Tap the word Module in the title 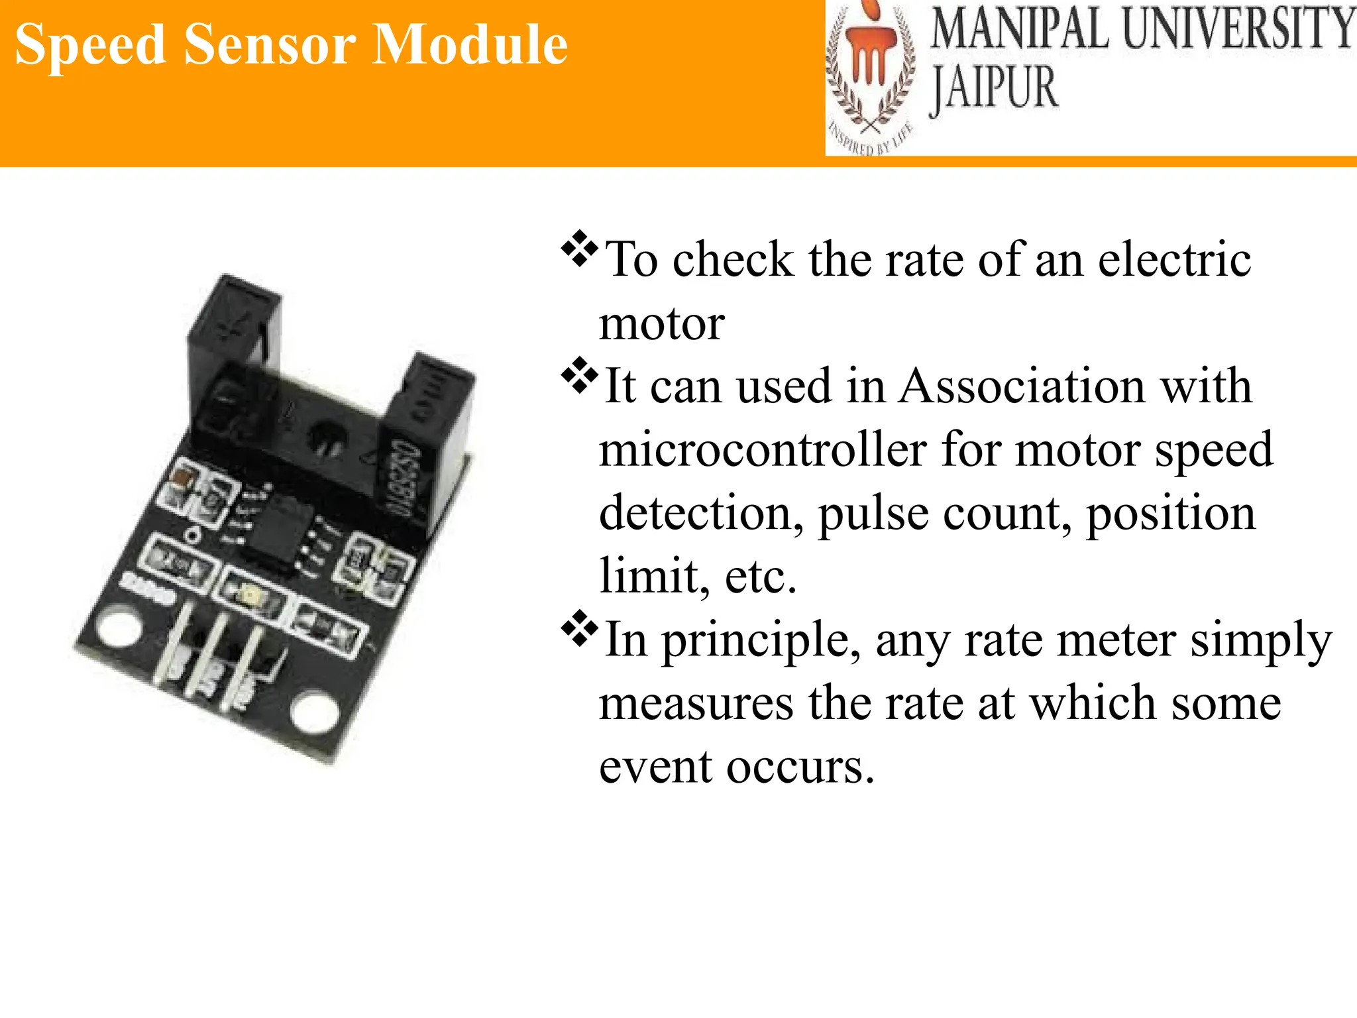[470, 45]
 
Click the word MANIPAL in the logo [1020, 29]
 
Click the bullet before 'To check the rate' [579, 249]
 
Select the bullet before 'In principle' [579, 630]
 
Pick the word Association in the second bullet [1021, 386]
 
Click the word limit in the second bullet [649, 575]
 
